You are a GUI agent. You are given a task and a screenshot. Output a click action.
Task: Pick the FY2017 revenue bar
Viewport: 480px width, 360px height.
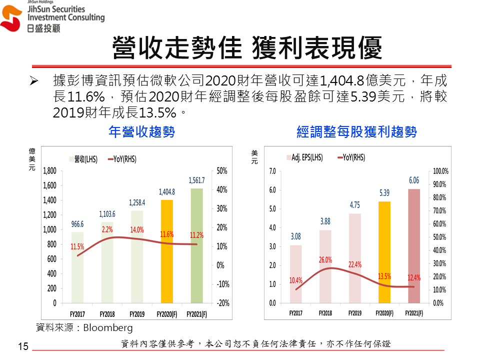[x=77, y=267]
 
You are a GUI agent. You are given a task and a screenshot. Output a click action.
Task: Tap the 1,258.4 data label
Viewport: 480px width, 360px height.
[x=137, y=203]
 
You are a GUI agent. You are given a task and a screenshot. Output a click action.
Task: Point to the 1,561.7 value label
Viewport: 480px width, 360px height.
[x=196, y=180]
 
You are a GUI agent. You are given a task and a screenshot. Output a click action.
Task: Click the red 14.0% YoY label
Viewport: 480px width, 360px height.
[x=137, y=230]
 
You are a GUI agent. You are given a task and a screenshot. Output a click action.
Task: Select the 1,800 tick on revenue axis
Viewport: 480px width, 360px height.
[x=49, y=170]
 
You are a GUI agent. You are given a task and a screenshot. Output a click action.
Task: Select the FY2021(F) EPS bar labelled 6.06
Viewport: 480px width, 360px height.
[x=414, y=245]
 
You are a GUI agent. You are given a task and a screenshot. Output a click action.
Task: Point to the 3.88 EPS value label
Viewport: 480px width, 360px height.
[x=325, y=221]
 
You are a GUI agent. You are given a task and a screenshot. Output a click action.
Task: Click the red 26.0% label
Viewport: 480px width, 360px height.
[x=325, y=260]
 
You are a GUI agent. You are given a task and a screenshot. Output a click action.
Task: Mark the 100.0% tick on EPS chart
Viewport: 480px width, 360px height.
[x=440, y=171]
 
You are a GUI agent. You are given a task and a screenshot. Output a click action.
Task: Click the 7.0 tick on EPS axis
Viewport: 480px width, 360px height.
[x=272, y=171]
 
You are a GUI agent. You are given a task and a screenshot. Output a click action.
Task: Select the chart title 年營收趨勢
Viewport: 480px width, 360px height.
[x=142, y=132]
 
